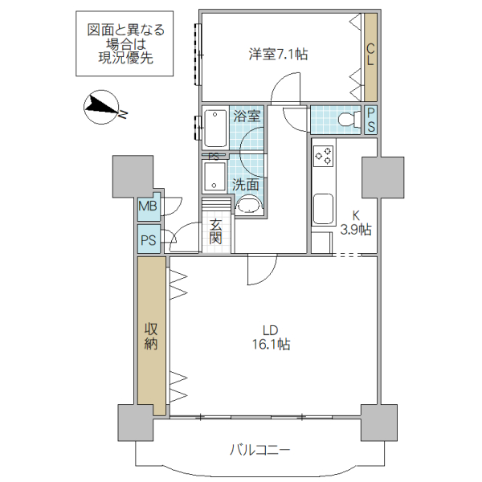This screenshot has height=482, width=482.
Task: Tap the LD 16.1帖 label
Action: coord(271,337)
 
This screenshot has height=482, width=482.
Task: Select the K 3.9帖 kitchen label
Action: coord(354,223)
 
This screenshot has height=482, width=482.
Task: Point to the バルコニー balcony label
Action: coord(259,450)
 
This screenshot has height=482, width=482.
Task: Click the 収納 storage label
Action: coord(151,336)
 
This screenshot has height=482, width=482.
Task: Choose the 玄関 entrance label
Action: coord(216,231)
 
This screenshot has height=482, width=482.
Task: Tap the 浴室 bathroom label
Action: coord(247,116)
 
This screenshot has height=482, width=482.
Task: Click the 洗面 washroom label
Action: coord(246,183)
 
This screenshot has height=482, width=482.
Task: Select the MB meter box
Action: coord(149,208)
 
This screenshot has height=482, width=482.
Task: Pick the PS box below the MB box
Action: coord(149,239)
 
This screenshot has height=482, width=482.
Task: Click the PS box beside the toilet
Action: coord(371,120)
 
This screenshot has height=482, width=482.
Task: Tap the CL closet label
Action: coord(370,55)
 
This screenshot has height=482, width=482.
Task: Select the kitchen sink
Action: coord(324,210)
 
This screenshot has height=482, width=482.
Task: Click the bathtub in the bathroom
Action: coord(215,126)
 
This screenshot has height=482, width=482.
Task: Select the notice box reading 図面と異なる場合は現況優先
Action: coord(125,44)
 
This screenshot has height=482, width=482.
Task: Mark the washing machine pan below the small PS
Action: coord(215,174)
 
